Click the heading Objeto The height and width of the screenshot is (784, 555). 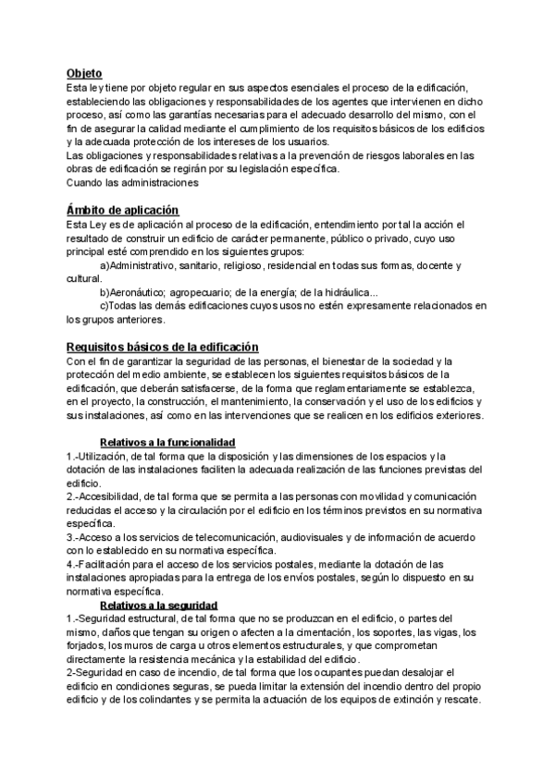(x=84, y=73)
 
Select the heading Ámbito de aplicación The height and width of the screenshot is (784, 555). (x=122, y=210)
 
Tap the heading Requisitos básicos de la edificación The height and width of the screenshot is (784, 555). (x=162, y=347)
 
